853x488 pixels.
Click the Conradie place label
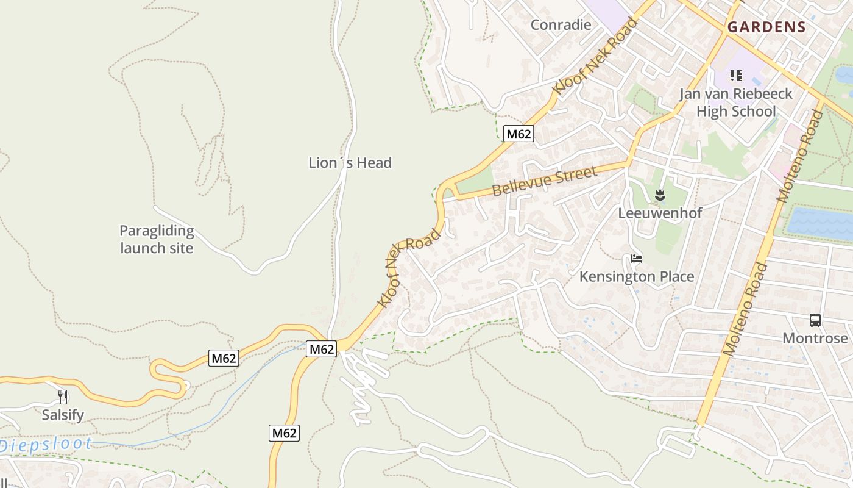tap(561, 25)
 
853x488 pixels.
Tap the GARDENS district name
tap(766, 27)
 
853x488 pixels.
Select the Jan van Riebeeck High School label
tap(736, 102)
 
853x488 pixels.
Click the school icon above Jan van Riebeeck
tap(736, 76)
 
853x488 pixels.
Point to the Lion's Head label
tap(350, 163)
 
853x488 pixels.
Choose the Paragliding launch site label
tap(157, 240)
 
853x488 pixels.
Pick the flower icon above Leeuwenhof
tap(659, 196)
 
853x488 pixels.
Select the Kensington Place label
tap(636, 277)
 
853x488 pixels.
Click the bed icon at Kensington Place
tap(637, 259)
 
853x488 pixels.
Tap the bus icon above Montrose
tap(815, 320)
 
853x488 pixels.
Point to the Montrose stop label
tap(815, 338)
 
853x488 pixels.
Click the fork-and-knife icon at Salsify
tap(63, 397)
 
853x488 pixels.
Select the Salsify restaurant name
tap(63, 415)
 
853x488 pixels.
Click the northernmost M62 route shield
tap(519, 134)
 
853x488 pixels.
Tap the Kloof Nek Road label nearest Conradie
tap(595, 56)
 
